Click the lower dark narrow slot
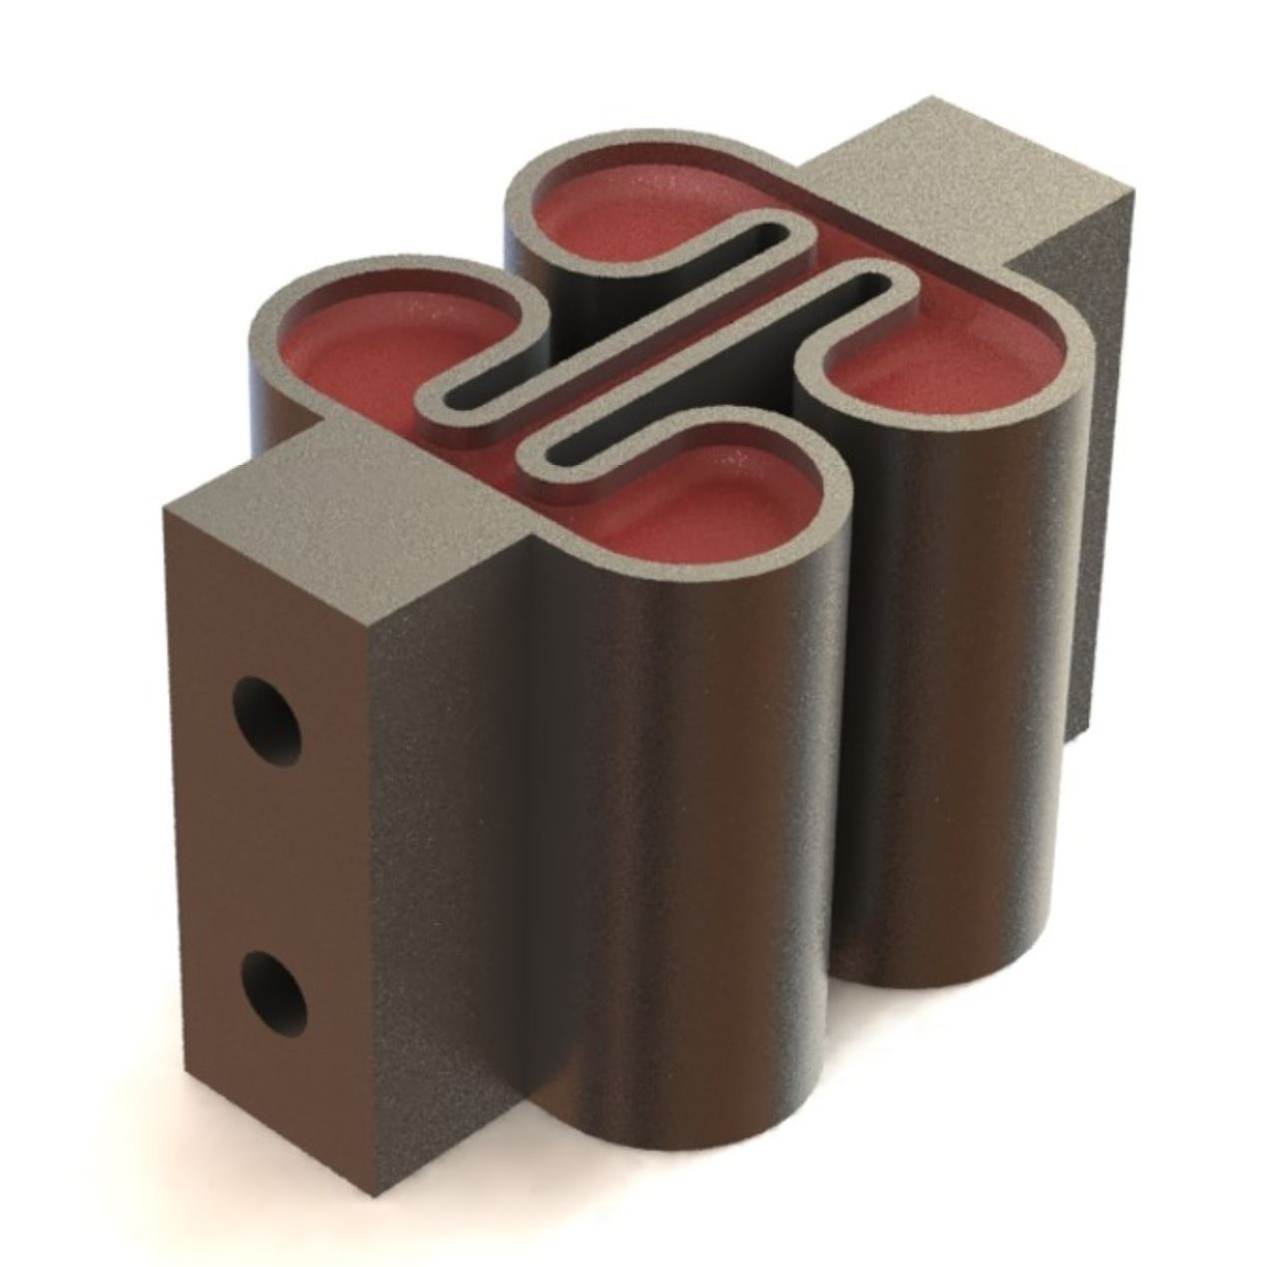718,369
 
